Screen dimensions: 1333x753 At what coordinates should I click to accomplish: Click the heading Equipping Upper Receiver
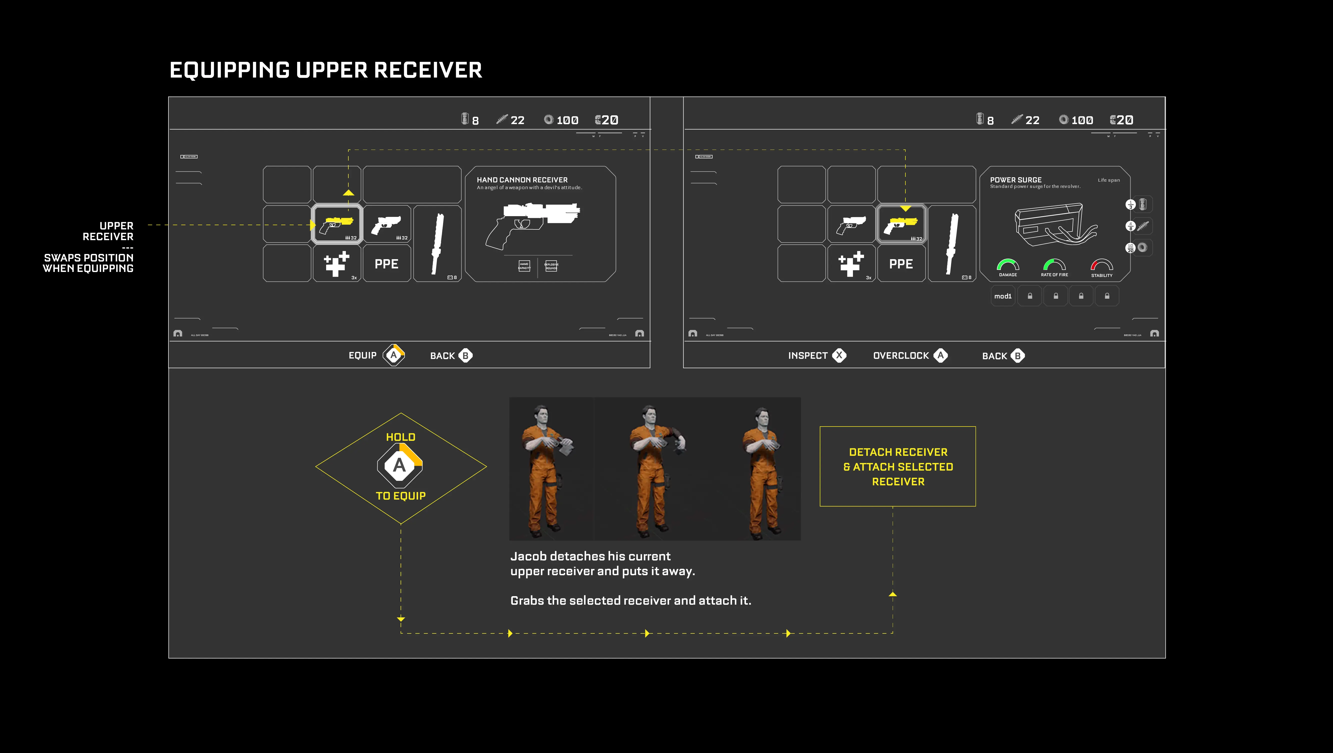[x=325, y=70]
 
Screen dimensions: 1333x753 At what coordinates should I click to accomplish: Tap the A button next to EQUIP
[x=394, y=355]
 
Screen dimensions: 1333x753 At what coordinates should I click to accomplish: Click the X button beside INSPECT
[x=839, y=355]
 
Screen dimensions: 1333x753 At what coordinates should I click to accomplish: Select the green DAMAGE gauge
[x=1008, y=265]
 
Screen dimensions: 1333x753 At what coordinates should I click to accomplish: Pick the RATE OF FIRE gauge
[x=1054, y=265]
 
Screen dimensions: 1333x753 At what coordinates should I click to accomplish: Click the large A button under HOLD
[x=400, y=465]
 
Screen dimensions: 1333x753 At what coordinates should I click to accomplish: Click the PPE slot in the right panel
[x=901, y=264]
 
